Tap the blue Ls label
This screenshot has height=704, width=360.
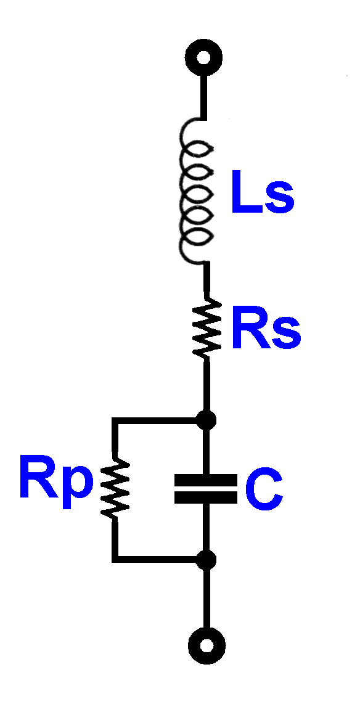point(263,192)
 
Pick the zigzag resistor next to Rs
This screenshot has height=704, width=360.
point(207,330)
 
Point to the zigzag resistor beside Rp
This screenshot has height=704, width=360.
point(116,488)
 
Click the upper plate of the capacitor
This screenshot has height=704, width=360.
point(206,480)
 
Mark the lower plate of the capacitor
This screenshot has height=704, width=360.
point(206,497)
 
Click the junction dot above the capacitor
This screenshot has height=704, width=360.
point(207,420)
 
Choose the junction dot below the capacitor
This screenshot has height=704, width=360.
point(207,560)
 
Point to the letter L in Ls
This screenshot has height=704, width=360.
point(245,192)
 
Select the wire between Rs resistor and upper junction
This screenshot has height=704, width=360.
point(207,385)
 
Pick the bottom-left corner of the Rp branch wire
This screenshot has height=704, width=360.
point(115,559)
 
